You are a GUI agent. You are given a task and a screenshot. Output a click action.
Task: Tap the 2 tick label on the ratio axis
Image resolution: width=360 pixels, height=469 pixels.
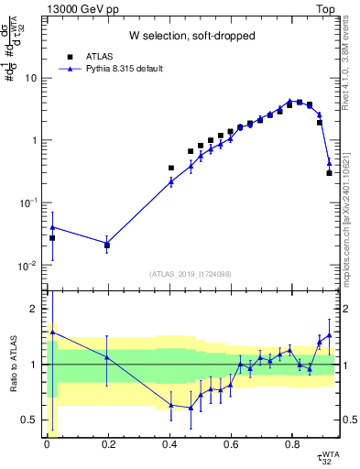pos(39,309)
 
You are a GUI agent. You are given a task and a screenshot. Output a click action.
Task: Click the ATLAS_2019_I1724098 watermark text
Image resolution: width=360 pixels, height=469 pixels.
pos(191,273)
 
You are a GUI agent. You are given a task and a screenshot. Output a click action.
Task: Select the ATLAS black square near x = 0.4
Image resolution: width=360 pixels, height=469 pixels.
pos(171,168)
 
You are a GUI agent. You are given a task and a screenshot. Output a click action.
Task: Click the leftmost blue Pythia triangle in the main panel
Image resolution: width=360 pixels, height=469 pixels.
pos(52,226)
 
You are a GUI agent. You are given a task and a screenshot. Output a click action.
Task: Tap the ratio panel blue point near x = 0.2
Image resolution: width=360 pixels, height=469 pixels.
pos(107,357)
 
